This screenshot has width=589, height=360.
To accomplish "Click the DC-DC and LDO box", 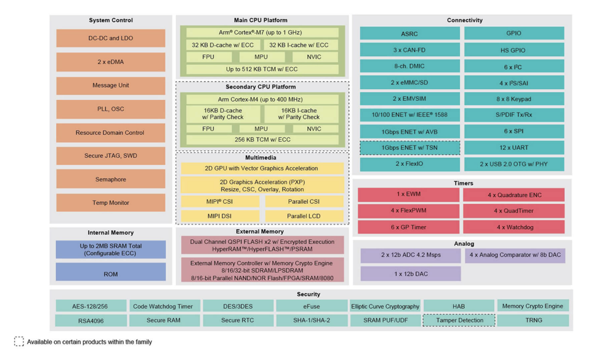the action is (x=111, y=39).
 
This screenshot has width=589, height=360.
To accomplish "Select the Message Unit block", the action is (x=111, y=86).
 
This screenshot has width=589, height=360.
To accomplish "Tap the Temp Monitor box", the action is (x=111, y=203).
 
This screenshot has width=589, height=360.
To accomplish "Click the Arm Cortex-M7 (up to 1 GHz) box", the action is (x=262, y=32).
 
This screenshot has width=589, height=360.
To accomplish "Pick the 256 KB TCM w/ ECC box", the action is (x=262, y=140).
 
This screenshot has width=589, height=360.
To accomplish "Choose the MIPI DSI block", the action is (x=220, y=216).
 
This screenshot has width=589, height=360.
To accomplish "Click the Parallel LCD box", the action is (x=304, y=216).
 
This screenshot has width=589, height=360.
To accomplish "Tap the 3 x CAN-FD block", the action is (x=410, y=50).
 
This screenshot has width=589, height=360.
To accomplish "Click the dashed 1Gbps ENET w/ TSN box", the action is (x=410, y=148).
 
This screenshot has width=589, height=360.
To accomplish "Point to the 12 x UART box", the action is (x=514, y=148).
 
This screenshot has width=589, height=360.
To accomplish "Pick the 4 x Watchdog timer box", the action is (x=514, y=227).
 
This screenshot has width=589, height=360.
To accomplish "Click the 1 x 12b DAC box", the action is (x=411, y=274).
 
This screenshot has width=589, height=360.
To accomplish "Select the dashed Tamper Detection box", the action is (x=459, y=320).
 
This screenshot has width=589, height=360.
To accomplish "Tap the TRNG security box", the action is (x=533, y=320).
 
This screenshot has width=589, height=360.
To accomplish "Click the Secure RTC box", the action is (x=237, y=320).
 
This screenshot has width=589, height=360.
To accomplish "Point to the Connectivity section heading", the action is (x=465, y=20).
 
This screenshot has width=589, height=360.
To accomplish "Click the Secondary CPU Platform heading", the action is (x=261, y=87).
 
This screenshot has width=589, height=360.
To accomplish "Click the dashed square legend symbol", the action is (x=19, y=341).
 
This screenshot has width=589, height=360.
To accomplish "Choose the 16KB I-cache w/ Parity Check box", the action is (x=299, y=114).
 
